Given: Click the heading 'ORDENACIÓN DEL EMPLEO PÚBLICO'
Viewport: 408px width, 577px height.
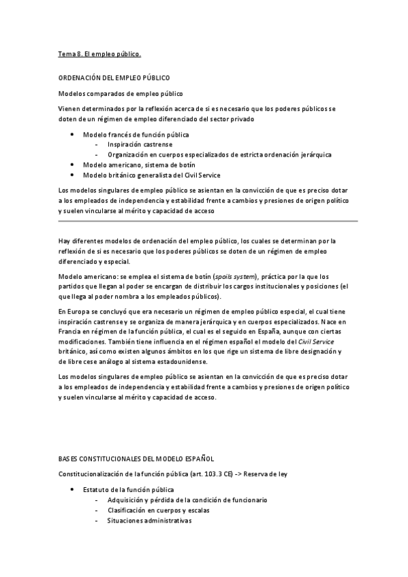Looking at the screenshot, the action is point(114,79).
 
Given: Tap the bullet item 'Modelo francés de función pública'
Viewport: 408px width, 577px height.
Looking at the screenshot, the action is point(136,135).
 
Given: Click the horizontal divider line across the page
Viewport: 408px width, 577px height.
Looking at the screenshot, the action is point(207,221).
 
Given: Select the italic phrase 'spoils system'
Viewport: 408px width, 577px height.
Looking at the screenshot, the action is point(234,278).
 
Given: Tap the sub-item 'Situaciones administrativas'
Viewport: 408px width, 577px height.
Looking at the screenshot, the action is point(149,521).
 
